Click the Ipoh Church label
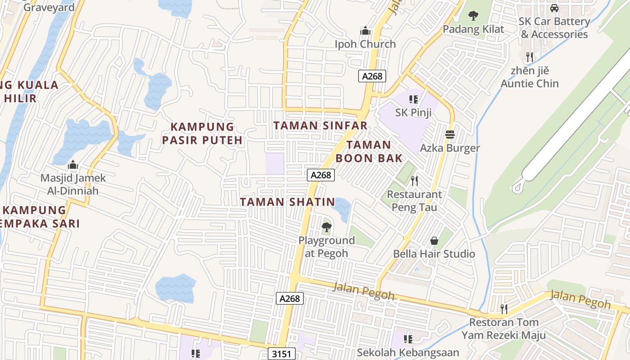tap(365, 44)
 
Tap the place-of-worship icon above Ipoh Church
tap(365, 31)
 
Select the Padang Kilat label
tap(473, 29)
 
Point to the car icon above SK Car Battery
tap(554, 8)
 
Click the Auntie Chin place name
tap(530, 83)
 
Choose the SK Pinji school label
tap(414, 112)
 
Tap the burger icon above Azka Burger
tap(450, 134)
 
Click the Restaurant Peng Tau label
tap(414, 201)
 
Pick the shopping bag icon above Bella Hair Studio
tap(434, 241)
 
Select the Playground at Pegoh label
tap(327, 247)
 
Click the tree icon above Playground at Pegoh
tap(327, 227)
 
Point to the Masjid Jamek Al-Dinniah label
tap(73, 184)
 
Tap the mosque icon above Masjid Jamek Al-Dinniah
tap(73, 165)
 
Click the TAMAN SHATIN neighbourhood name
tap(288, 202)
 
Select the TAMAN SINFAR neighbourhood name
tap(321, 126)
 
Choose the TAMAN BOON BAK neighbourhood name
tap(369, 151)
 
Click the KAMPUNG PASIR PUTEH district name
tap(202, 133)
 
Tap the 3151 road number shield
tap(282, 354)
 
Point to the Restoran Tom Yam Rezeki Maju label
tap(504, 329)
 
